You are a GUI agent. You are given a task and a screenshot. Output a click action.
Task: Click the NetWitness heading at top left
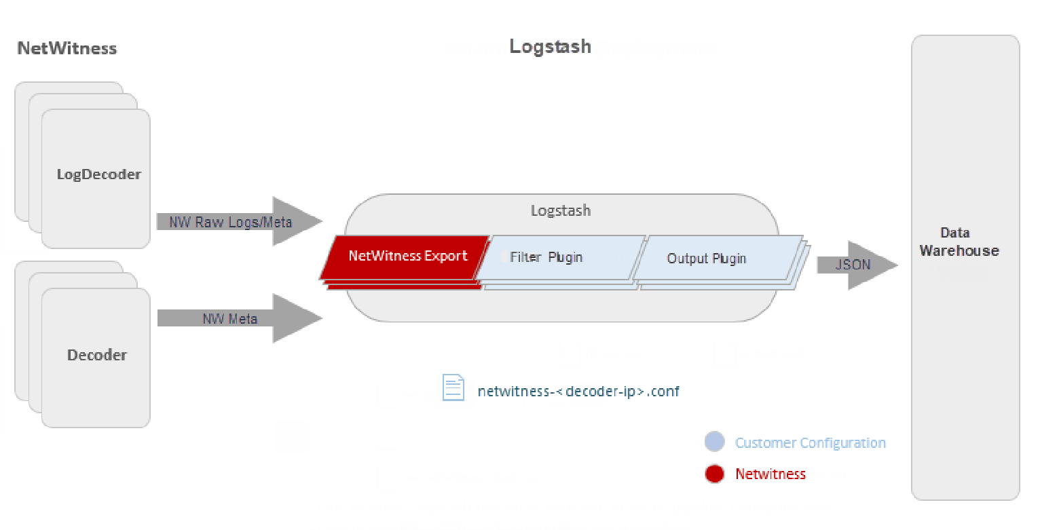tap(67, 48)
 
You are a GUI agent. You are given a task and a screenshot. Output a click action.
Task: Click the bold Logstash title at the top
tap(550, 46)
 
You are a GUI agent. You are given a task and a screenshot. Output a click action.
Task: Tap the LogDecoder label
tap(99, 174)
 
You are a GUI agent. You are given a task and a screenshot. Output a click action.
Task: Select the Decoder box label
tap(97, 355)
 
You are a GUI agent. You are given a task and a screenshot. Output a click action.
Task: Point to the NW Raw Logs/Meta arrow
tap(231, 221)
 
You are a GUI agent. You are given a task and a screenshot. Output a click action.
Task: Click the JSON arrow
tap(854, 265)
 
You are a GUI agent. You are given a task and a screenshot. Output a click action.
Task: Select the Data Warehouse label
tap(959, 242)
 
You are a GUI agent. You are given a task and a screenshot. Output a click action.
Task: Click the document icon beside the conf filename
tap(453, 387)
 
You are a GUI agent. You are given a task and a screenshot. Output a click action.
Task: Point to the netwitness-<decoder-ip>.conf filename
tap(578, 392)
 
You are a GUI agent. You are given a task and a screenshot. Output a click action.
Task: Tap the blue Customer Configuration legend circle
tap(714, 442)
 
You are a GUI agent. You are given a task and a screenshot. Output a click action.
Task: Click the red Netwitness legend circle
tap(714, 474)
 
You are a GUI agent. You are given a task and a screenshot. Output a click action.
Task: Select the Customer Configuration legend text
tap(810, 443)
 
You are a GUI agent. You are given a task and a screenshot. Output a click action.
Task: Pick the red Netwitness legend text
tap(770, 474)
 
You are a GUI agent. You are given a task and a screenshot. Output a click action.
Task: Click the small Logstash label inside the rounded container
tap(561, 210)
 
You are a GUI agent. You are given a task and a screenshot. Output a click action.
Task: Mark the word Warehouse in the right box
tap(959, 250)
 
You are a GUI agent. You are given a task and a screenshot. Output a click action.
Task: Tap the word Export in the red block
tap(445, 256)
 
